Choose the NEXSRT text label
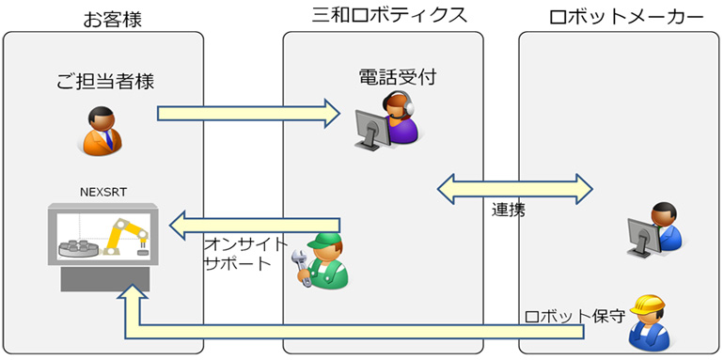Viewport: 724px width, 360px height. (x=103, y=193)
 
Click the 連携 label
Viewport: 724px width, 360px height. (x=508, y=209)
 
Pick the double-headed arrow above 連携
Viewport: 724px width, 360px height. (x=515, y=186)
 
